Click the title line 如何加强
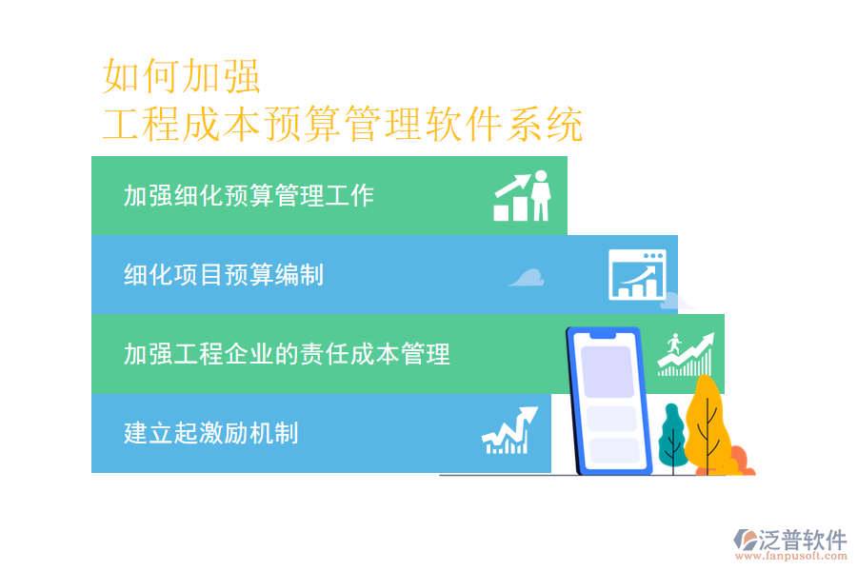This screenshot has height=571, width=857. click(x=181, y=76)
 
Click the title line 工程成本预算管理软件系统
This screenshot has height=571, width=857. click(x=343, y=125)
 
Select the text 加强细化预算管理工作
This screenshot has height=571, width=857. click(x=249, y=196)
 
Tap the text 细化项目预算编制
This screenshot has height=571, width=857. click(x=224, y=275)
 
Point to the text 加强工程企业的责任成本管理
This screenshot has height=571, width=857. click(x=287, y=355)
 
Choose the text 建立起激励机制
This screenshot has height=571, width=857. click(x=210, y=433)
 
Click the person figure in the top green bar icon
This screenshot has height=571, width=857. click(x=541, y=195)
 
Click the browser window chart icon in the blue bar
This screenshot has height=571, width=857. click(x=637, y=274)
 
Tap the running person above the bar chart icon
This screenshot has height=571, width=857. click(x=674, y=343)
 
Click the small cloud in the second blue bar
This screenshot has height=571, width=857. click(x=527, y=277)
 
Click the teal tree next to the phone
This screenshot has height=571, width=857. click(x=672, y=433)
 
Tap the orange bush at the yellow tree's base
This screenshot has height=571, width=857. click(x=741, y=462)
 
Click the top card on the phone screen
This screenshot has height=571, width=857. click(x=608, y=371)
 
